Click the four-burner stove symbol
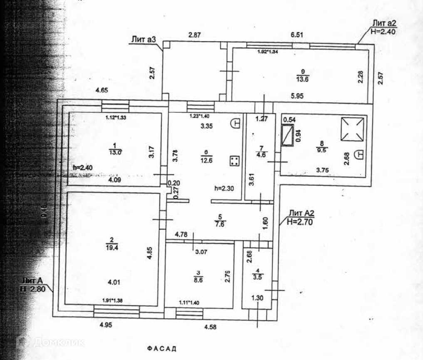pos(234,161)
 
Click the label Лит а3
pos(143,40)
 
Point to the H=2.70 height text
pos(299,222)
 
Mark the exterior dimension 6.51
pos(296,35)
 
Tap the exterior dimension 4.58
pos(210,327)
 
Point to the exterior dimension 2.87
pos(195,35)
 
